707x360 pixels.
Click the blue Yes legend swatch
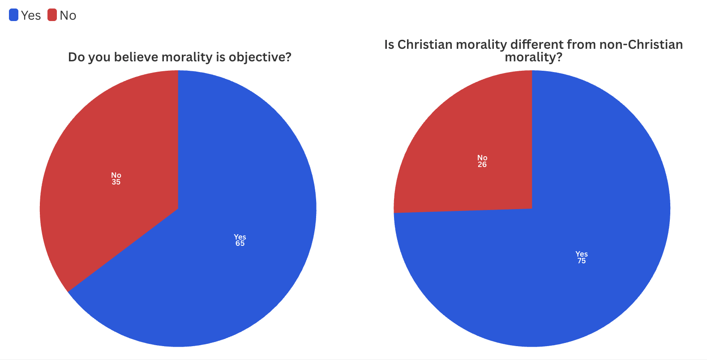click(13, 15)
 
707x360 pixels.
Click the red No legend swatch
click(52, 15)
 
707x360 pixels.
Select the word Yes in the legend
click(31, 16)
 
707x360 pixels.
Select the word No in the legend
click(68, 16)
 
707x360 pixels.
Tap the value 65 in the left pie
click(240, 244)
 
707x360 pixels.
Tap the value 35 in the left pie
click(116, 182)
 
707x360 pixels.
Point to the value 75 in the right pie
click(581, 261)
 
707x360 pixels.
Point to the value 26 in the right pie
click(482, 165)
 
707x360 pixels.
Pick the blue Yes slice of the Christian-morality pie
click(582, 201)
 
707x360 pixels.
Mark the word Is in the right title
click(389, 45)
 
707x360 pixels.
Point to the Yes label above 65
click(240, 237)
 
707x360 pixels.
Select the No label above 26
click(482, 158)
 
